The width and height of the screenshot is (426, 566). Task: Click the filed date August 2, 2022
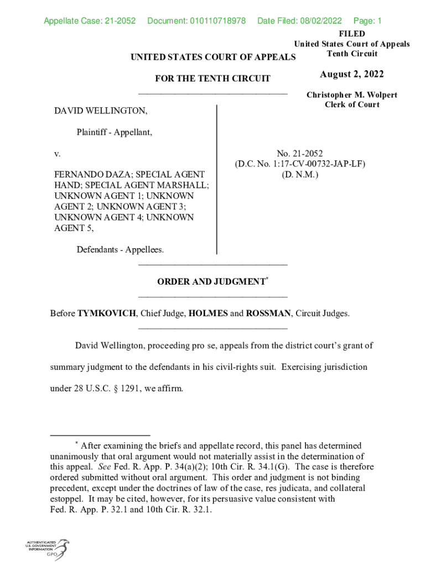[x=351, y=75]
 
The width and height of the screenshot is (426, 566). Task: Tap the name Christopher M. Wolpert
[x=352, y=95]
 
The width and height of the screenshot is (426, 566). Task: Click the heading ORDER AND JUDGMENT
[x=211, y=282]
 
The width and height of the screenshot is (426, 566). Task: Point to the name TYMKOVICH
[x=107, y=313]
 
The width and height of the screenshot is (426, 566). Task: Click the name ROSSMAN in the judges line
[x=268, y=313]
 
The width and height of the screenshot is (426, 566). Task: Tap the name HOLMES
[x=208, y=313]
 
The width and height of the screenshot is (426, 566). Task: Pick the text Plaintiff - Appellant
[x=115, y=132]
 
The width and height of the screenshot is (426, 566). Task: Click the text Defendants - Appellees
[x=120, y=250]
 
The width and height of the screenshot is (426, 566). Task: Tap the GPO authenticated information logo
[x=47, y=549]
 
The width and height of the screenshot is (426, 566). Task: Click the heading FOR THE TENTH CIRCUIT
[x=213, y=78]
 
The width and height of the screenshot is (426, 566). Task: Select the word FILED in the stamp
[x=352, y=34]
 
